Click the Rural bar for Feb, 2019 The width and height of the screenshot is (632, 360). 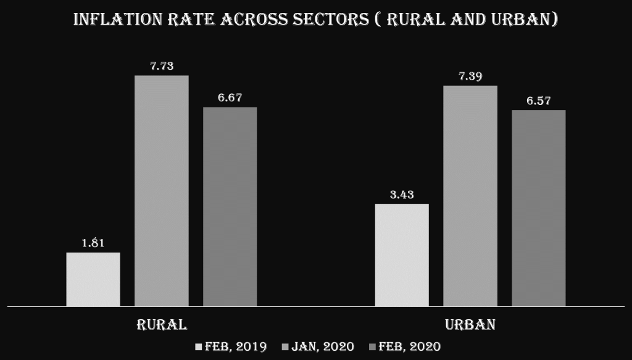(x=93, y=279)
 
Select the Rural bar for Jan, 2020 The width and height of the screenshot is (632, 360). (x=162, y=191)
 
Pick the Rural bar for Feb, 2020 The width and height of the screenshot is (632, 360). (x=230, y=207)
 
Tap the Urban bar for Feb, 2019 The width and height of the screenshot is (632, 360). (x=402, y=255)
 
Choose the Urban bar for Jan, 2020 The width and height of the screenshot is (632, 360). (x=470, y=196)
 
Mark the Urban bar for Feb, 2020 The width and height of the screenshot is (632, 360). (x=538, y=208)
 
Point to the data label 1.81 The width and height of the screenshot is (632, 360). (x=93, y=243)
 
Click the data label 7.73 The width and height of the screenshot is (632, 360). (x=162, y=66)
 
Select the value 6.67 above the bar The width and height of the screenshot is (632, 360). (x=230, y=98)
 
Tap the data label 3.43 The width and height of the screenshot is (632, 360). (x=402, y=195)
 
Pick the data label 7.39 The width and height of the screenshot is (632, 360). (x=470, y=76)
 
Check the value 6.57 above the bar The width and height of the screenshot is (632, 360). (x=538, y=101)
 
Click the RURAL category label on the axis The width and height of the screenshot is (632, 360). (x=162, y=325)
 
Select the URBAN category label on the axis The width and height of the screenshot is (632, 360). (x=470, y=325)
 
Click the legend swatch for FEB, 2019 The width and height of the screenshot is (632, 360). (x=198, y=347)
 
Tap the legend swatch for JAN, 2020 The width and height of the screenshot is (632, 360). (x=285, y=347)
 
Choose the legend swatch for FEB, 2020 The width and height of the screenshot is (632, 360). (x=373, y=347)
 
